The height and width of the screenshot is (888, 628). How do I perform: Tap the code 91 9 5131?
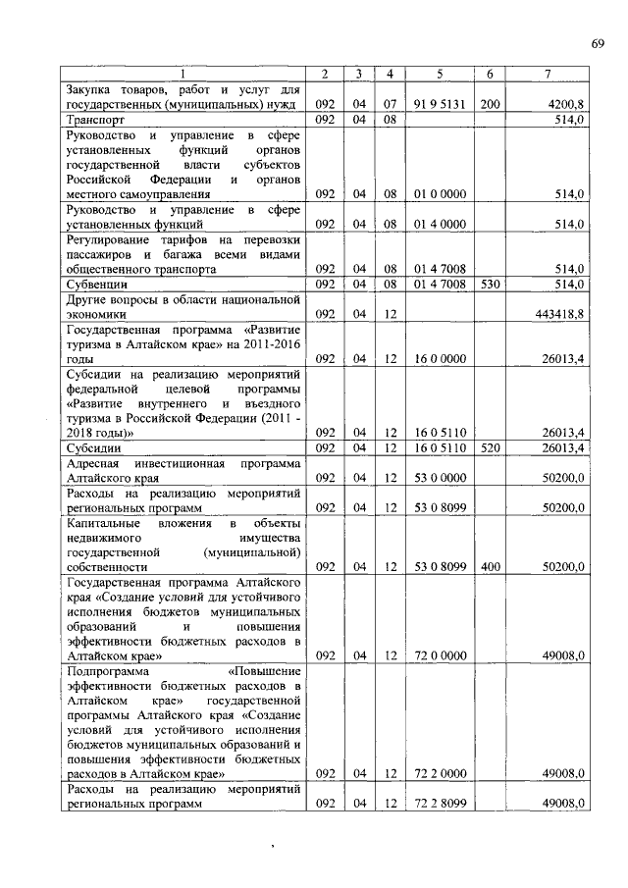439,103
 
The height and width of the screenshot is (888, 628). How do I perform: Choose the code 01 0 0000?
439,194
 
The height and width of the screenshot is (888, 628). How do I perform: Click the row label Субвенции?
94,284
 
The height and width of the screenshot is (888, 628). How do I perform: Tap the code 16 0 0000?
439,359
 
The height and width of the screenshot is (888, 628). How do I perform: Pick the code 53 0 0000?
439,478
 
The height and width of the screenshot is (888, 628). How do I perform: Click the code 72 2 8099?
439,804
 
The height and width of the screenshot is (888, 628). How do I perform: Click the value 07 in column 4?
390,103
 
